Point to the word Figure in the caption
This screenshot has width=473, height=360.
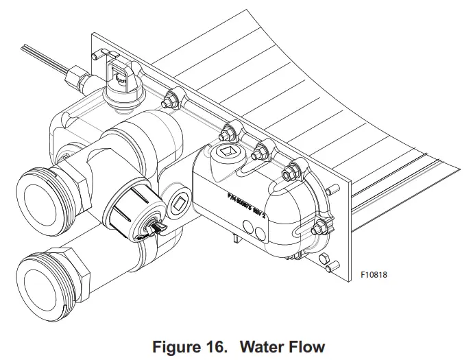[174, 346]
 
